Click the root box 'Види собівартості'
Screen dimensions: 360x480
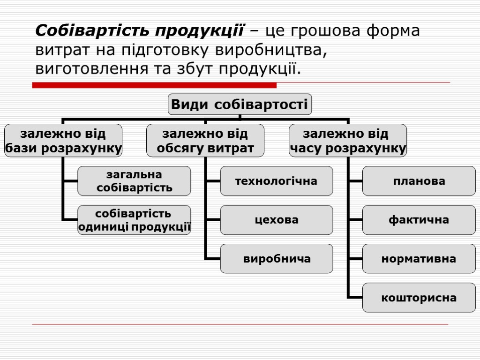(240, 104)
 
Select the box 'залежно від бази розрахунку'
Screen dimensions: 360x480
(63, 141)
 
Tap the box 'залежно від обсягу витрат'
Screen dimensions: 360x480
(205, 141)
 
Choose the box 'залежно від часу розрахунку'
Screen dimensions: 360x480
(347, 141)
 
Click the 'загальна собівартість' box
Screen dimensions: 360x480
(134, 181)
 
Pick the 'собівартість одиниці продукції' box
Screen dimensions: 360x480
(134, 220)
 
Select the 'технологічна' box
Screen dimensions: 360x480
(277, 181)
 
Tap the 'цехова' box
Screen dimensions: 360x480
(277, 220)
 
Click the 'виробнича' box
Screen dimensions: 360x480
(277, 259)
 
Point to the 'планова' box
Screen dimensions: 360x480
(419, 181)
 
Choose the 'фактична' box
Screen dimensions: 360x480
(419, 220)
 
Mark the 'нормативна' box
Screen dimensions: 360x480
(419, 259)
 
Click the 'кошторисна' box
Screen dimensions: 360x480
(419, 298)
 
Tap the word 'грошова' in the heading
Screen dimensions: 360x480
(324, 31)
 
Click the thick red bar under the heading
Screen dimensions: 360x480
(154, 85)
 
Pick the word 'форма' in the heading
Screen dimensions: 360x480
(393, 31)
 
